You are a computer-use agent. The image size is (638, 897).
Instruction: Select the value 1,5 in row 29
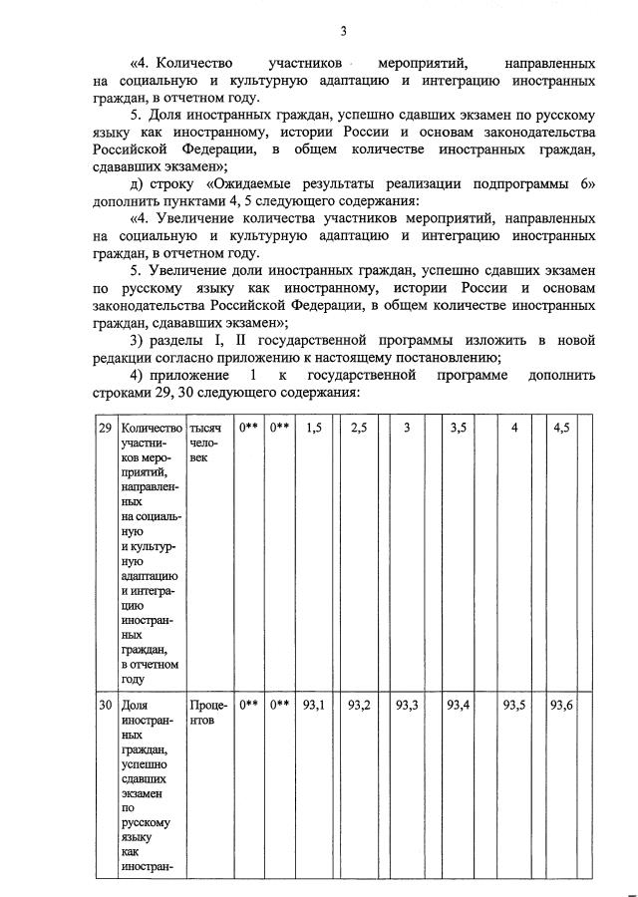(x=314, y=428)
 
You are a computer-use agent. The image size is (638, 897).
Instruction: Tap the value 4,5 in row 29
(x=562, y=428)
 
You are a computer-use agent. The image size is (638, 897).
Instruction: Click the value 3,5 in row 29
(x=459, y=428)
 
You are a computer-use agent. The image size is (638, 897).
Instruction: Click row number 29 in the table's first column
(x=104, y=428)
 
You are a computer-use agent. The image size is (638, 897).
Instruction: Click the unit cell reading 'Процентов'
(x=207, y=713)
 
